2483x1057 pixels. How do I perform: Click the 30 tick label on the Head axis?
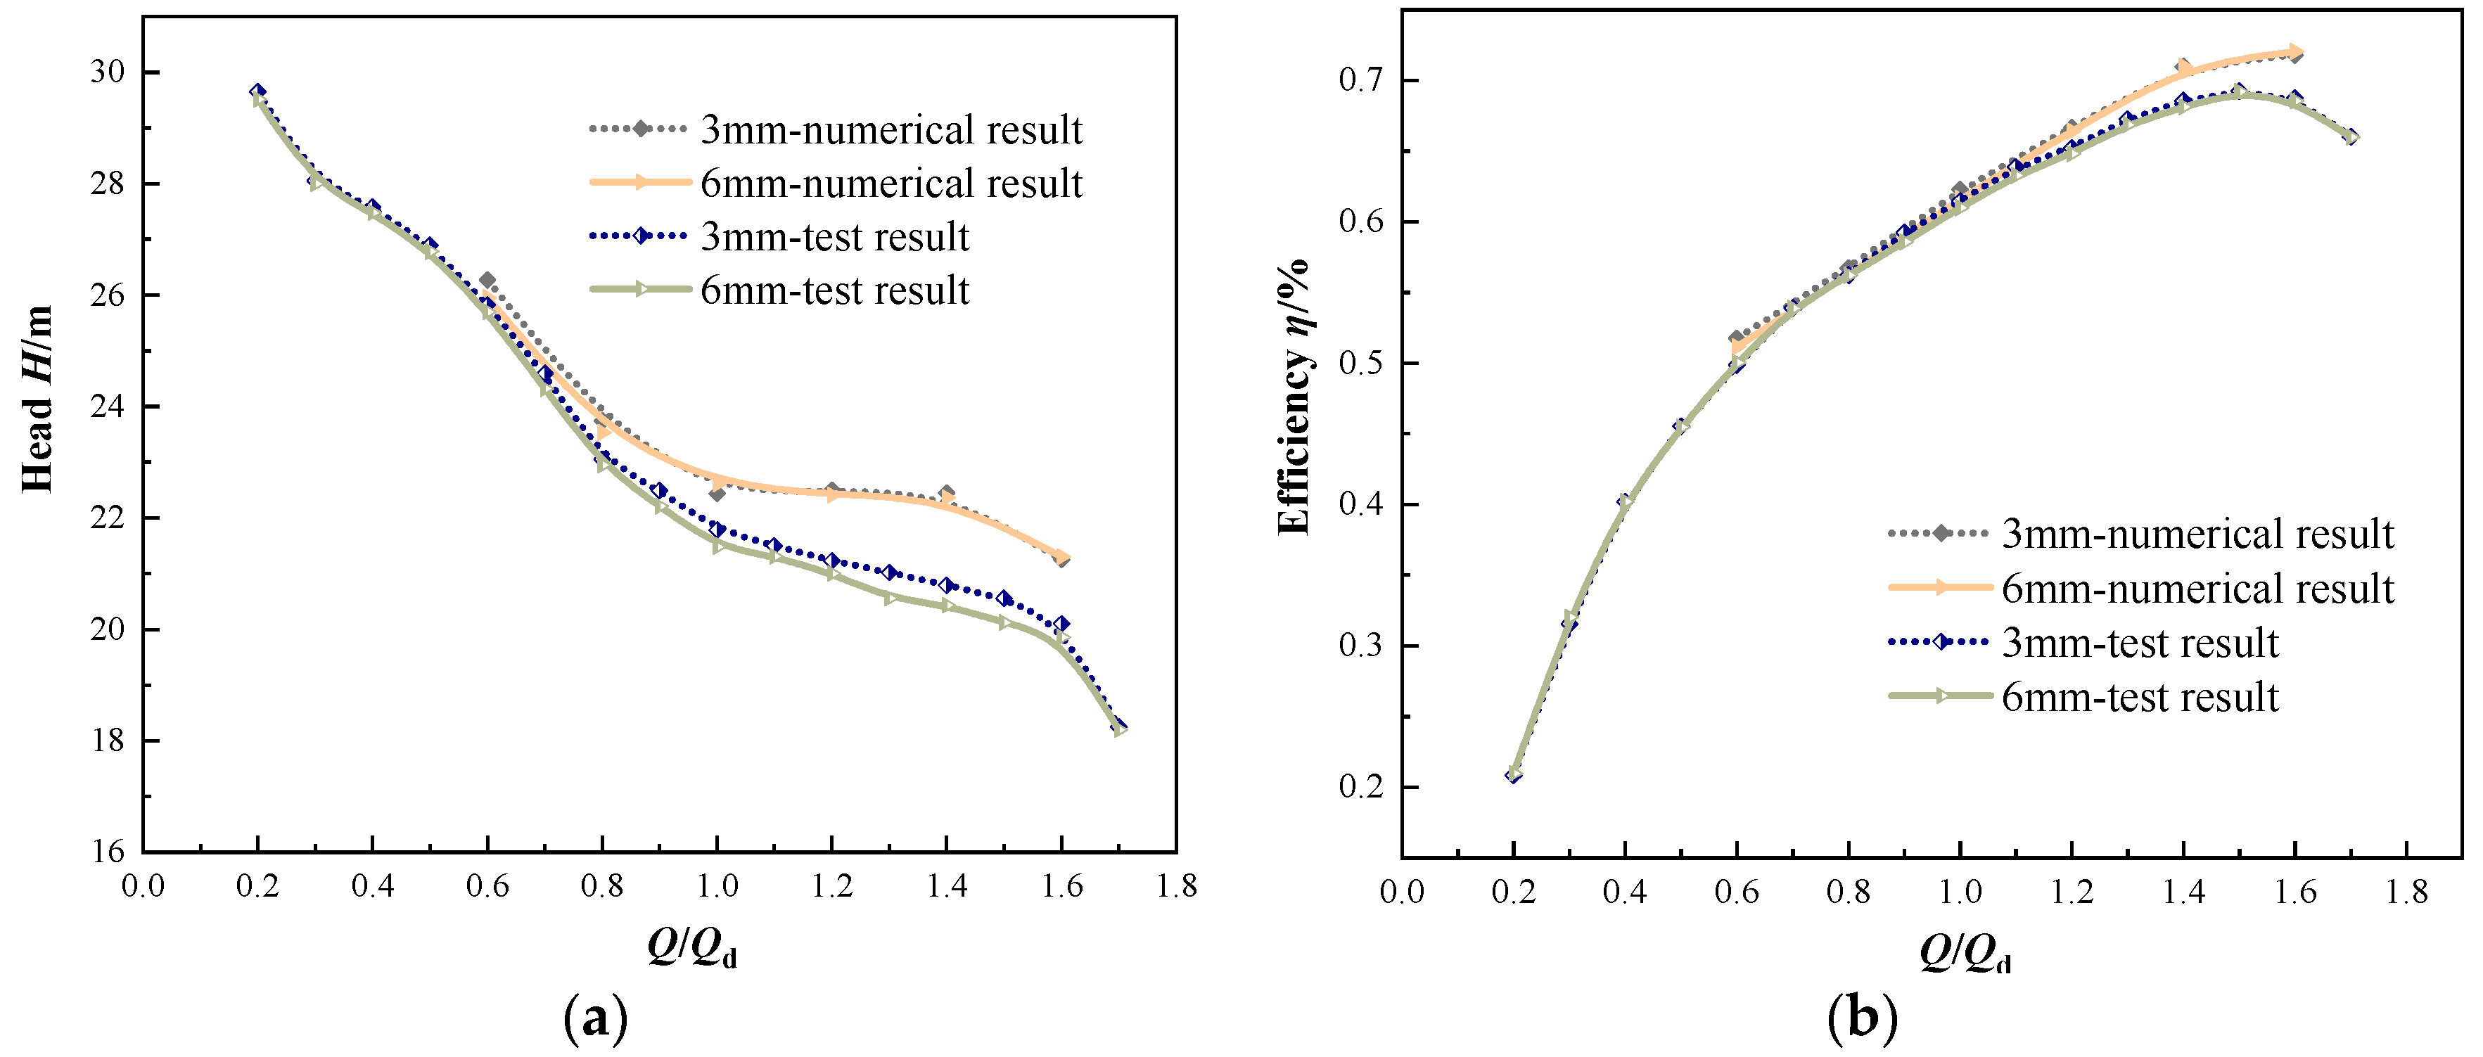point(107,72)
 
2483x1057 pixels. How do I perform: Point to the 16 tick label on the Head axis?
point(107,851)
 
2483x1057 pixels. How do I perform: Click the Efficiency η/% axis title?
point(1294,397)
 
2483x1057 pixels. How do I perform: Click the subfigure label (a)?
point(595,1018)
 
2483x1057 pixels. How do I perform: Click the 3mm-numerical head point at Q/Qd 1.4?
point(947,493)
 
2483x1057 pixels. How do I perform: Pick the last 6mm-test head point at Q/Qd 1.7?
point(1119,729)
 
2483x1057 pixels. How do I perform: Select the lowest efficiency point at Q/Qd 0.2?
point(1513,774)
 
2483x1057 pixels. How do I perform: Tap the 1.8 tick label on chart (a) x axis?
point(1176,885)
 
